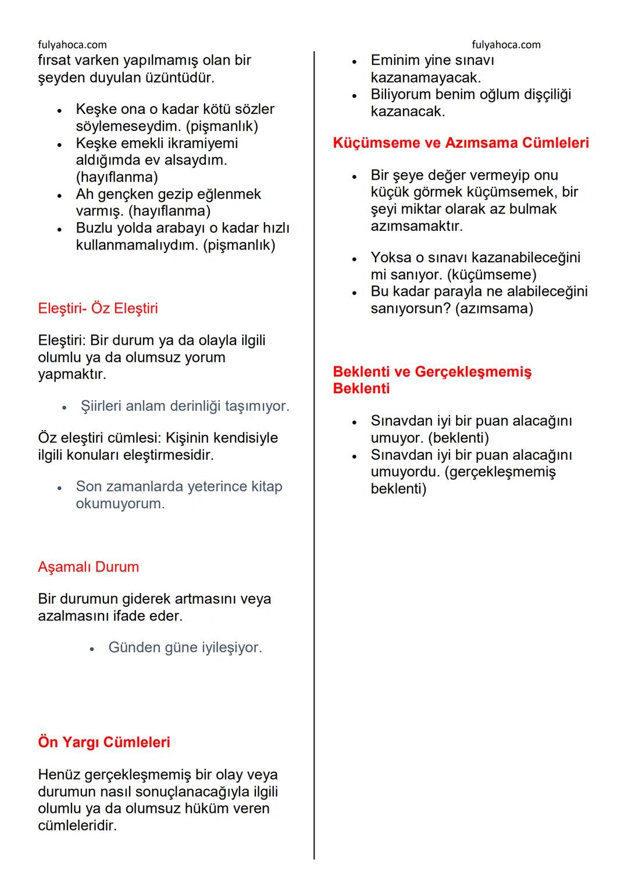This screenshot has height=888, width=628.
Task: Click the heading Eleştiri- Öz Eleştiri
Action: pyautogui.click(x=98, y=308)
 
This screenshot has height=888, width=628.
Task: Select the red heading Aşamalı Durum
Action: pyautogui.click(x=88, y=567)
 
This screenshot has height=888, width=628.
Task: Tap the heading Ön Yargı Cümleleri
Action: pyautogui.click(x=104, y=743)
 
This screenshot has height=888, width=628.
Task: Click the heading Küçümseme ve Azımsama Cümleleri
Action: pyautogui.click(x=461, y=143)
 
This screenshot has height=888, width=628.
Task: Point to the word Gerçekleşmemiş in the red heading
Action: pyautogui.click(x=473, y=372)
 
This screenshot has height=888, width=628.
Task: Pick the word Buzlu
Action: pyautogui.click(x=96, y=228)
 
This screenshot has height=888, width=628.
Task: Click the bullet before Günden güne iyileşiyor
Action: pyautogui.click(x=92, y=648)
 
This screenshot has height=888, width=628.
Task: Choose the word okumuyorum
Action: pyautogui.click(x=120, y=504)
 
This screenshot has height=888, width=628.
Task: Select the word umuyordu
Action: pyautogui.click(x=405, y=472)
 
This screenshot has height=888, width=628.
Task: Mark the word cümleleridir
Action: pyautogui.click(x=77, y=825)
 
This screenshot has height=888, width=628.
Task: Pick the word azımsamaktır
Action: pyautogui.click(x=416, y=226)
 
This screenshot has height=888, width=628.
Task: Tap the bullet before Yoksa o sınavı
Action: pyautogui.click(x=354, y=259)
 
